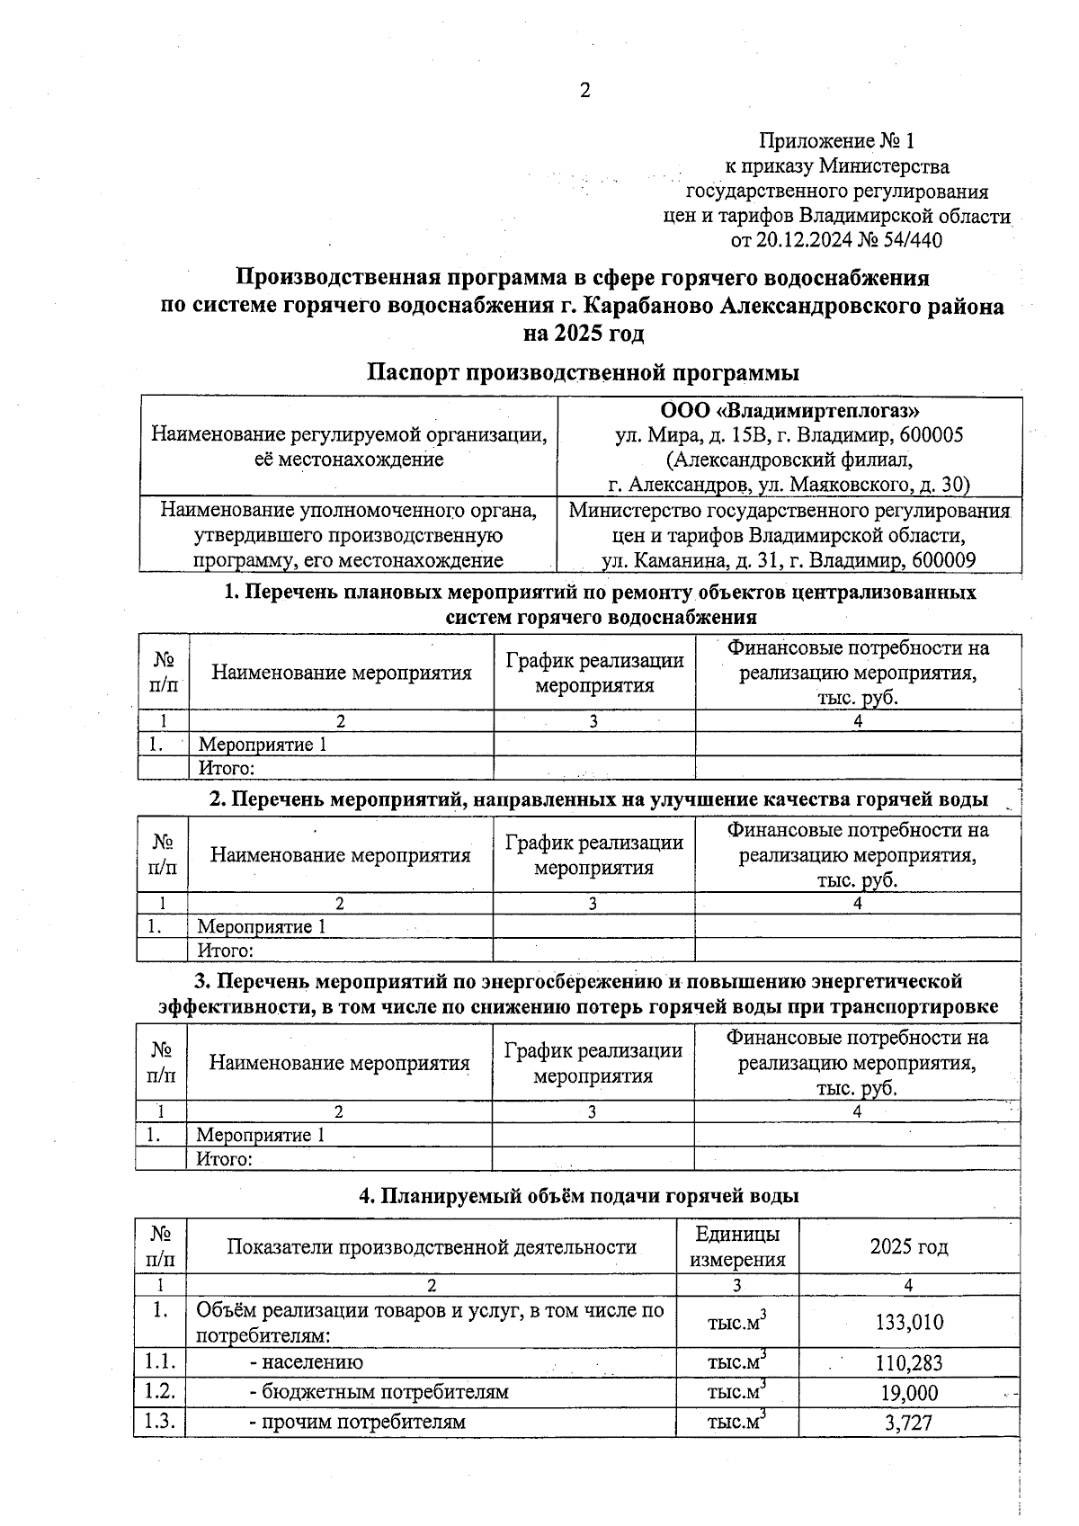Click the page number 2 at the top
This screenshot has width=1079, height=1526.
585,91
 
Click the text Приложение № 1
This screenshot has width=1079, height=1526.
836,141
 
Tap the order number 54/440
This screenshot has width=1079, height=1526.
907,241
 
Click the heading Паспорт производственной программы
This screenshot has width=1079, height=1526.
583,372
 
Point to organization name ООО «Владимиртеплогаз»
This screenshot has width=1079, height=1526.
789,411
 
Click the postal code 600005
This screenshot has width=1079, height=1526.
931,435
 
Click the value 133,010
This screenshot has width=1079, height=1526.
908,1322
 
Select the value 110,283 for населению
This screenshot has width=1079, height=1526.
908,1363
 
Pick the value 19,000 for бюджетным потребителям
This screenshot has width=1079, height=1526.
908,1393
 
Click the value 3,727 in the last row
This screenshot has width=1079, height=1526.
908,1423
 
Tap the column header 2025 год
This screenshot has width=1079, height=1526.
908,1247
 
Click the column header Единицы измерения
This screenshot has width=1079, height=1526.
737,1246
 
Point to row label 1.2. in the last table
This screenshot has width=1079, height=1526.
160,1392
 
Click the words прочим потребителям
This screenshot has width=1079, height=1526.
362,1422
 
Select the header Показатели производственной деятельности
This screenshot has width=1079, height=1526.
432,1247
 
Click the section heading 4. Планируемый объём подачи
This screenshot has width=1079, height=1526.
579,1196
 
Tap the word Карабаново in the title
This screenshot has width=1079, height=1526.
648,307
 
